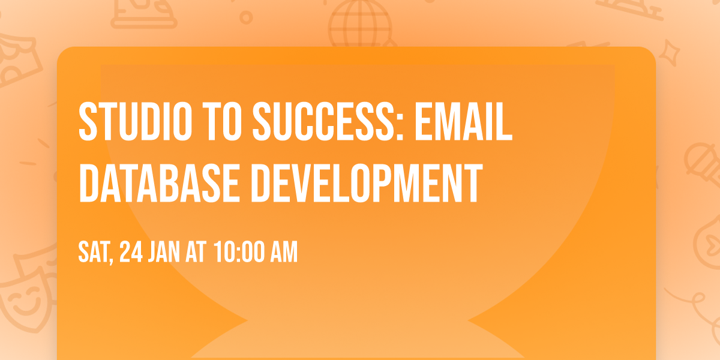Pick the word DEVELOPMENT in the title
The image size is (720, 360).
tap(370, 182)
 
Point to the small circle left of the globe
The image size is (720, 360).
tap(246, 17)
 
